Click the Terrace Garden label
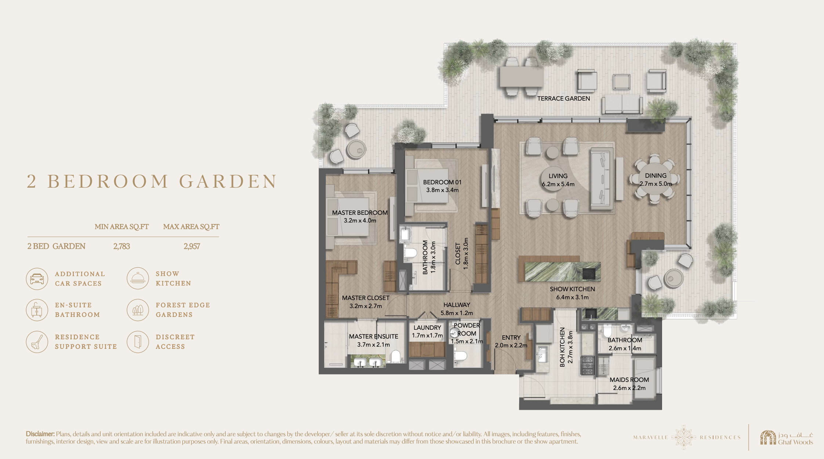coord(564,98)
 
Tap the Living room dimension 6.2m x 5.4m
coord(558,184)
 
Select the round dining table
coord(655,180)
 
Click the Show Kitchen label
coord(572,289)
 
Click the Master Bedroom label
coord(360,213)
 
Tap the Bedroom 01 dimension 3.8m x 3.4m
coord(442,190)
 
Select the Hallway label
coord(456,305)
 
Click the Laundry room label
coord(427,328)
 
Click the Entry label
coord(511,337)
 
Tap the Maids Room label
coord(629,380)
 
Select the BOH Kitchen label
coord(562,347)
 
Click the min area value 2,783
coord(122,246)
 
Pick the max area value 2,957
coord(192,246)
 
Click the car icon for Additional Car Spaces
coord(37,279)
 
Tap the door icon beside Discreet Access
coord(138,341)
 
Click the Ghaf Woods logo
coord(787,437)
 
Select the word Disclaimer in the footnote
coord(40,434)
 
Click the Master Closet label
coord(365,298)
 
